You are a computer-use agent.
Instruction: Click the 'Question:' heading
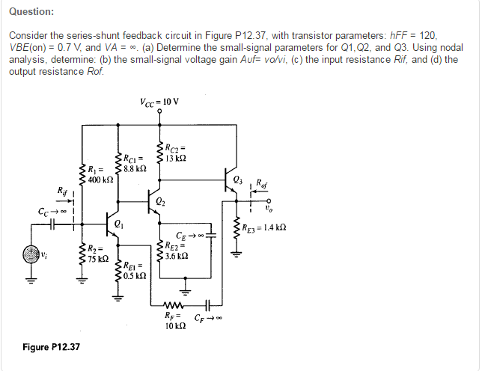point(31,12)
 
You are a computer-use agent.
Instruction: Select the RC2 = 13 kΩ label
point(179,152)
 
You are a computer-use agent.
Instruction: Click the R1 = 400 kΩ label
point(100,174)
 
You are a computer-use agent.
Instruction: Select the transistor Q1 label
point(112,223)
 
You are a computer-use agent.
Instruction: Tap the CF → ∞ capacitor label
point(207,318)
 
